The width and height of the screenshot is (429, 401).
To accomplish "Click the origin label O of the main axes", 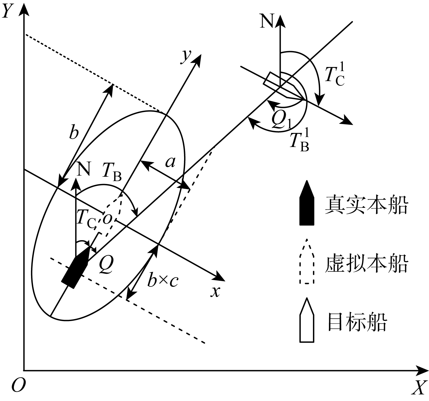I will tap(18, 385).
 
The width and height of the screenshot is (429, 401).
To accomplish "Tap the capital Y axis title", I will tap(9, 11).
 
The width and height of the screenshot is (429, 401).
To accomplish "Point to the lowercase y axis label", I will tap(186, 56).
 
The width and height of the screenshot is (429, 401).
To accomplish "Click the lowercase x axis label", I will tap(215, 291).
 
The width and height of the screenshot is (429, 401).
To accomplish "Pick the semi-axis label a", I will tap(170, 162).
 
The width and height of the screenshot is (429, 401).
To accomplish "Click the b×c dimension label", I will tap(163, 280).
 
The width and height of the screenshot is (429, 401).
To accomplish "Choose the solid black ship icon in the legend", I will tap(307, 203).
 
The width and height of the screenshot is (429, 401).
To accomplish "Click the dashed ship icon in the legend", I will tap(307, 262).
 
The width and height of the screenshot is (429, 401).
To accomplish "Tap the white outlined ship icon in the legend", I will tap(307, 320).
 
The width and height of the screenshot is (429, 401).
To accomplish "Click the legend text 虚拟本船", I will tap(366, 264).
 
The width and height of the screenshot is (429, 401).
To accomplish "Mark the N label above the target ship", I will tap(266, 22).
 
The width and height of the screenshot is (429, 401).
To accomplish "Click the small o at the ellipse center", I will tap(107, 219).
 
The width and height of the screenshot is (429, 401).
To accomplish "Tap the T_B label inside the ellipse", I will tap(112, 172).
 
